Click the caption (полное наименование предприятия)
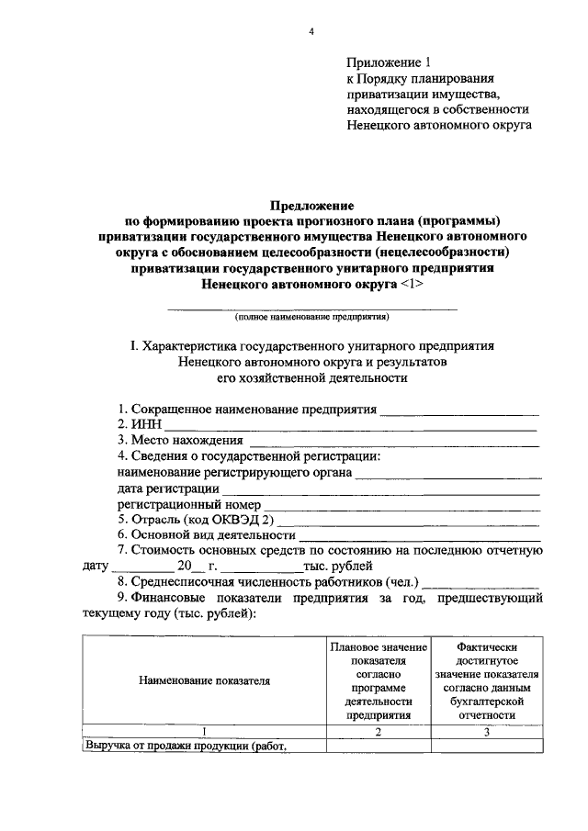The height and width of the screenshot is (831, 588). click(x=311, y=316)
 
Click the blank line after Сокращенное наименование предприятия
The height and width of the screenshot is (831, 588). click(x=458, y=409)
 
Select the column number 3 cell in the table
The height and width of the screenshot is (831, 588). click(x=487, y=732)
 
